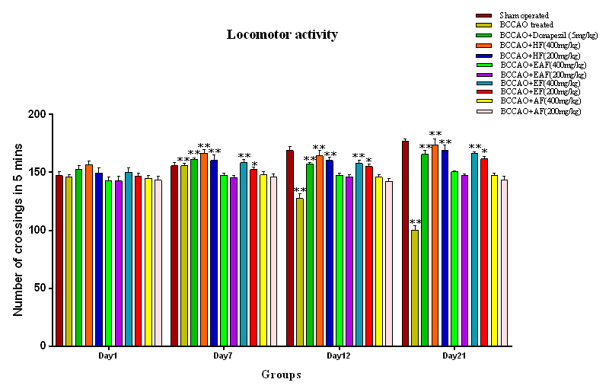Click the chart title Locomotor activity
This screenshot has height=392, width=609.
282,35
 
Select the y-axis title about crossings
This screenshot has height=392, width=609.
18,230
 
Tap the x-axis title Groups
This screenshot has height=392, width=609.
281,374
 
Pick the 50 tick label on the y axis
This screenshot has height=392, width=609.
40,288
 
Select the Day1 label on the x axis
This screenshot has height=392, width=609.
107,356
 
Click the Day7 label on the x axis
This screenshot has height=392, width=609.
223,356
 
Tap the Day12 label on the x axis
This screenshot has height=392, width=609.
339,356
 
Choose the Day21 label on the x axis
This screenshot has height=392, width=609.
454,356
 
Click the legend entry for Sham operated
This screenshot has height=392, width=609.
525,15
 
